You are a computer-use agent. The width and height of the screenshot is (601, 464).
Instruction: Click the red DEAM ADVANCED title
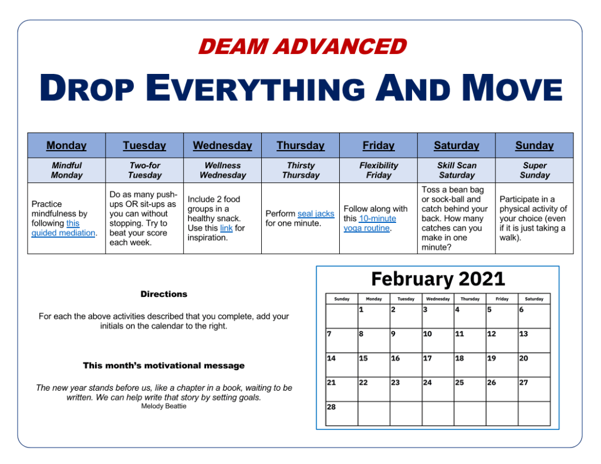coord(302,46)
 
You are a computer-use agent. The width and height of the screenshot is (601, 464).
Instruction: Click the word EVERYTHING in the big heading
coord(255,88)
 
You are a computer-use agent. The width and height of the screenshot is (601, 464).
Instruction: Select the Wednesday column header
coord(222,145)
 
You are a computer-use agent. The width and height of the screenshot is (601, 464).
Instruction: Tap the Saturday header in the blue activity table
coord(457,145)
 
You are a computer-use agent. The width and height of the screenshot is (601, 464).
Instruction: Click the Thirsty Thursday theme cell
coord(301,170)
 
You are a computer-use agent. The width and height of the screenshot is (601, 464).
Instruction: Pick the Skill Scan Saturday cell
coord(457,170)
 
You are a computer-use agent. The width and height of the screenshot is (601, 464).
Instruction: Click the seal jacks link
coord(316,214)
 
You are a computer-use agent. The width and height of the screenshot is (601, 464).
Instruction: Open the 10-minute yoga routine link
coord(370,223)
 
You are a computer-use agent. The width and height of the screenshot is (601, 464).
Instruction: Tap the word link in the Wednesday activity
coord(226,228)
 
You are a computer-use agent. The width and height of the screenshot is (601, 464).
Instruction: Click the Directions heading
coord(164,294)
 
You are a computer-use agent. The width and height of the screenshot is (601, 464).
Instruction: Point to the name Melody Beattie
coord(164,406)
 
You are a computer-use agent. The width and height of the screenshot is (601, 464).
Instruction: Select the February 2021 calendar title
coord(438,279)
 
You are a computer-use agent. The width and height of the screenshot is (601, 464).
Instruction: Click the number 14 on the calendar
coord(331,358)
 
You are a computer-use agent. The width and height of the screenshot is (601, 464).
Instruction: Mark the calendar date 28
coord(331,407)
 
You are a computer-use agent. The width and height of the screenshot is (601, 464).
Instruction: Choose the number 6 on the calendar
coord(521,310)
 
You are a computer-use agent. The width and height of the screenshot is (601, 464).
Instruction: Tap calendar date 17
coord(427,358)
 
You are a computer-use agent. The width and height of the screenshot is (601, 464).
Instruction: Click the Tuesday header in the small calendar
coord(406,299)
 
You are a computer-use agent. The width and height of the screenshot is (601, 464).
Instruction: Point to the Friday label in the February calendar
coord(502,299)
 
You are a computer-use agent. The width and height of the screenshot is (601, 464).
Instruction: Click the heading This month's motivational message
coord(164,365)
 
